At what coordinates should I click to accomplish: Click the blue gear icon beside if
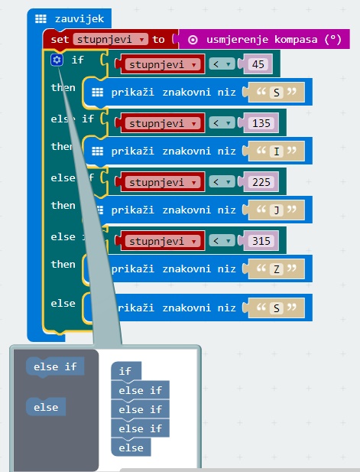(57, 60)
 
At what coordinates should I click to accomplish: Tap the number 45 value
(258, 63)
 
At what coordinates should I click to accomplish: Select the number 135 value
(261, 123)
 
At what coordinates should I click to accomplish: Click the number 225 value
(261, 182)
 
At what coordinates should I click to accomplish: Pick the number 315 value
(261, 241)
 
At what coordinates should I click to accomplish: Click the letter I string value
(277, 151)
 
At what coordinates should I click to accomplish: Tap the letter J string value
(277, 210)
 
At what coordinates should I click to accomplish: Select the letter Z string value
(277, 269)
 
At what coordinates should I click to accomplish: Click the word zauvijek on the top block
(79, 18)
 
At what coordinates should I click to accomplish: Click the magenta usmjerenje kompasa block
(264, 39)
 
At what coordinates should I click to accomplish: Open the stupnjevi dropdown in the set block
(111, 39)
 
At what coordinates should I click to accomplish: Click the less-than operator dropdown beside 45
(222, 63)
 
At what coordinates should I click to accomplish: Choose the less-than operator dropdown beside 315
(222, 241)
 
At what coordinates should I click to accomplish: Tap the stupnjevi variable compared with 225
(162, 182)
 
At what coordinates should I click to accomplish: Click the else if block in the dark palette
(55, 366)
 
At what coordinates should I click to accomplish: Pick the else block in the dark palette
(46, 407)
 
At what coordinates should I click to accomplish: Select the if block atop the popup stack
(126, 371)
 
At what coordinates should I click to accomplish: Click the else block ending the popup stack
(131, 448)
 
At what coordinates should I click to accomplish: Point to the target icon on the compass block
(193, 40)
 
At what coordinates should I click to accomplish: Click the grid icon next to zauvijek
(41, 18)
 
